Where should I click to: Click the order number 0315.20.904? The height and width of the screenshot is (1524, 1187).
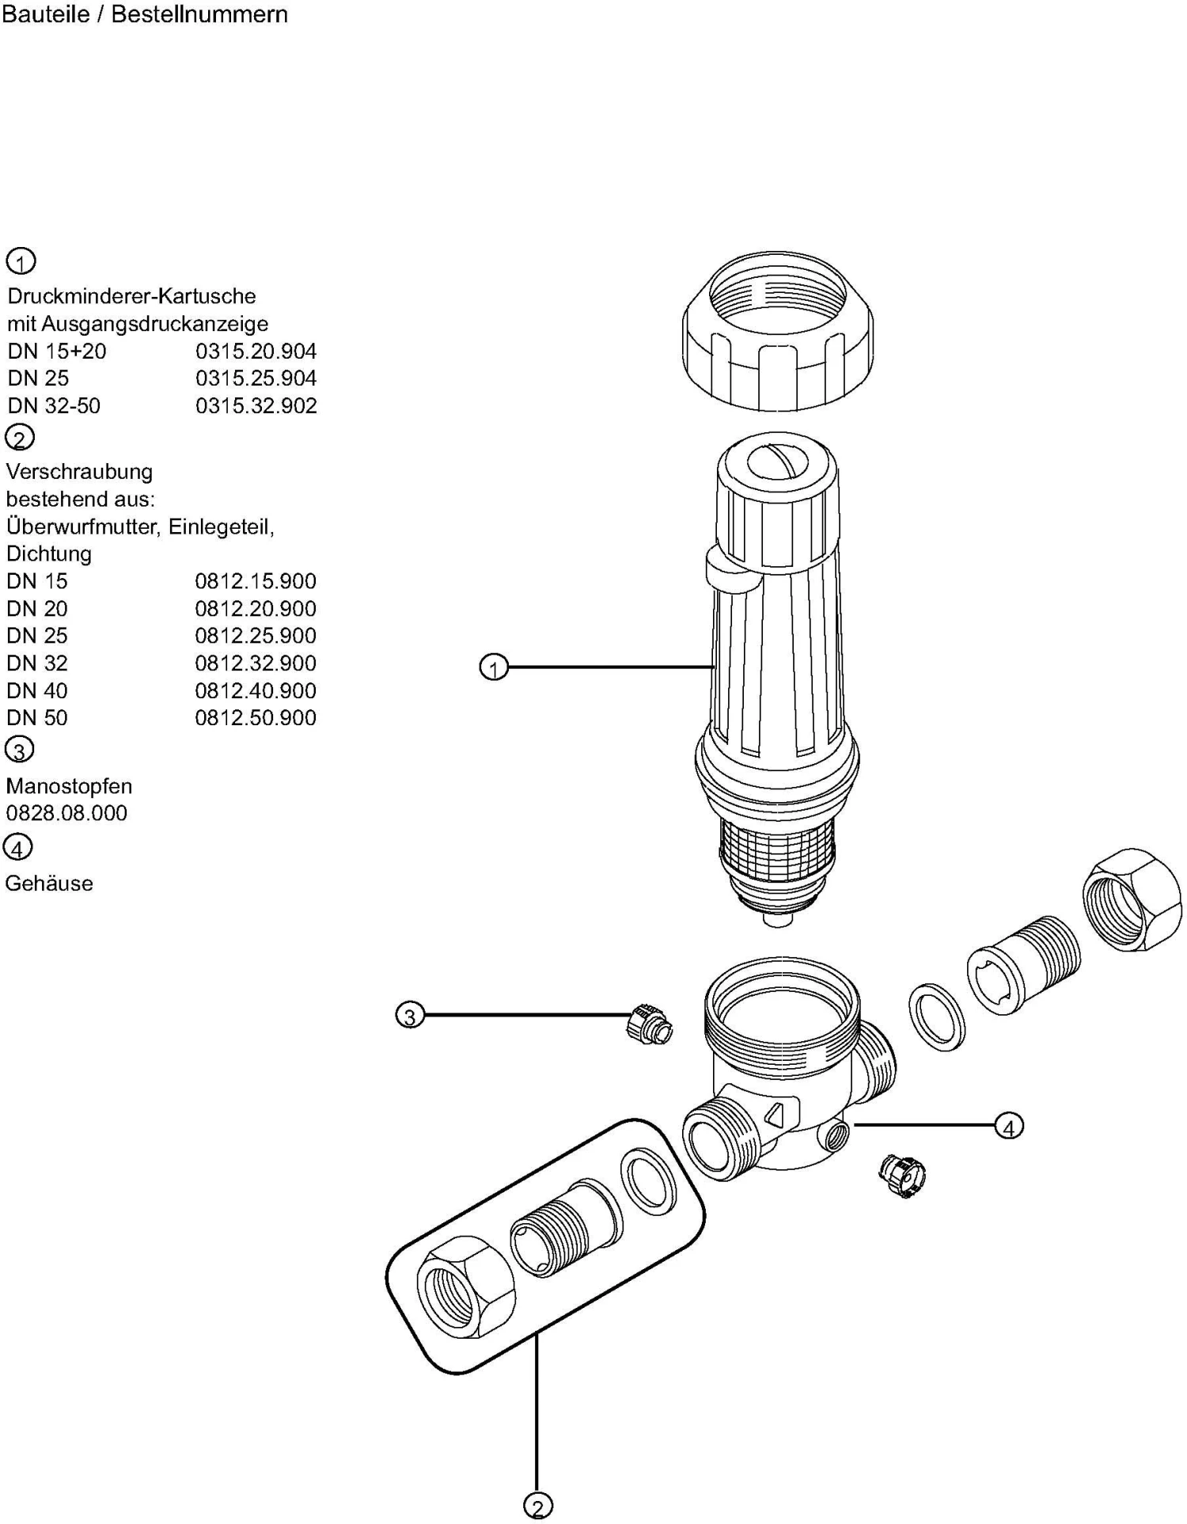[x=256, y=351]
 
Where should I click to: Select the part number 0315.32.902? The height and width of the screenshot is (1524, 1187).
[x=256, y=405]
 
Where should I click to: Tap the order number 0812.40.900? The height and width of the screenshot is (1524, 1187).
[x=255, y=690]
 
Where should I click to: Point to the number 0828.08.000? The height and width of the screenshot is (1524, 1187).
[x=66, y=813]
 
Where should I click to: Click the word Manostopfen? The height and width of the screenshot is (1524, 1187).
[x=69, y=786]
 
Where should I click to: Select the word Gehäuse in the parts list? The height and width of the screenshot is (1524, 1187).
[x=49, y=884]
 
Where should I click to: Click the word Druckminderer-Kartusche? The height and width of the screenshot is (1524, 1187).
[x=131, y=296]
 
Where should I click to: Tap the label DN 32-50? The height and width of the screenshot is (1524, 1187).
[x=54, y=405]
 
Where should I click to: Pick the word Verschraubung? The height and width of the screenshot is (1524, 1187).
[x=79, y=472]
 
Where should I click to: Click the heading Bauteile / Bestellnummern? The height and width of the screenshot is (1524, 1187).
[x=145, y=14]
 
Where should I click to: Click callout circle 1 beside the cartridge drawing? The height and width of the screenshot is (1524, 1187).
[x=494, y=668]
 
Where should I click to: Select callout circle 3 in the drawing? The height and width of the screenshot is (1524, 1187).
[x=410, y=1015]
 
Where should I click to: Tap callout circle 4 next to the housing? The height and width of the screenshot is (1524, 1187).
[x=1008, y=1126]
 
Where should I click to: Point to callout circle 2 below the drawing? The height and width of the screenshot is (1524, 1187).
[x=537, y=1507]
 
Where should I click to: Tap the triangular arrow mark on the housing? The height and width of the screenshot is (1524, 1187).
[x=775, y=1114]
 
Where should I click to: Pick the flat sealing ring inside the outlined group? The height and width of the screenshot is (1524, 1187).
[x=648, y=1182]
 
